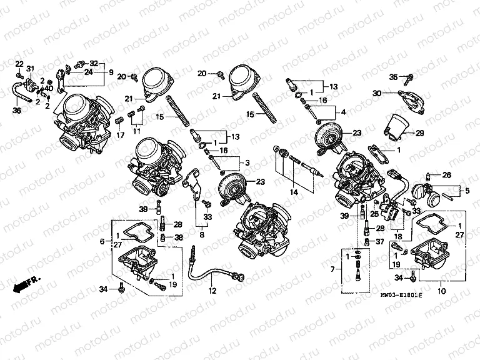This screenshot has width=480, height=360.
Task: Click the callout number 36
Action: click(x=17, y=111)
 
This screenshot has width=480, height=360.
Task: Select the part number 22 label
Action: click(x=19, y=65)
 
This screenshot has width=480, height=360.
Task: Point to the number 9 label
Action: click(x=111, y=72)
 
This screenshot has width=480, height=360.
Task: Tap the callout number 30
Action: click(x=377, y=93)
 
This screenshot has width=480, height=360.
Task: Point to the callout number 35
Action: click(x=393, y=77)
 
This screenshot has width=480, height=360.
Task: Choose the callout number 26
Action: click(x=447, y=174)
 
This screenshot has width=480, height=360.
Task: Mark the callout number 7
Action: click(x=333, y=269)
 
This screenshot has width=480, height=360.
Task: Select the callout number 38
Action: click(x=179, y=237)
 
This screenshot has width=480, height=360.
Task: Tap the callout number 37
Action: click(x=379, y=241)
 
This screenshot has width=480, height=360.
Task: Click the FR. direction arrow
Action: click(x=25, y=284)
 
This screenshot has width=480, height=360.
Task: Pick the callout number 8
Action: click(x=201, y=236)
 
